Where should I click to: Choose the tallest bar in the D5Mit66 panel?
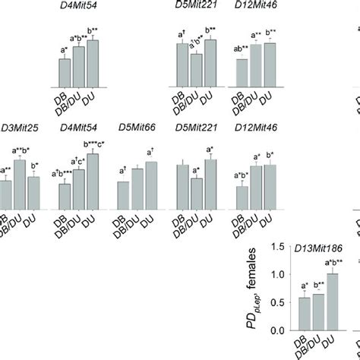pos(151,185)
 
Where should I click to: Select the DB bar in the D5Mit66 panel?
pos(123,194)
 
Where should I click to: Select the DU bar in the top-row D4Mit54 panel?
pos(93,64)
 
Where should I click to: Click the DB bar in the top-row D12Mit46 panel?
pos(242,72)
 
